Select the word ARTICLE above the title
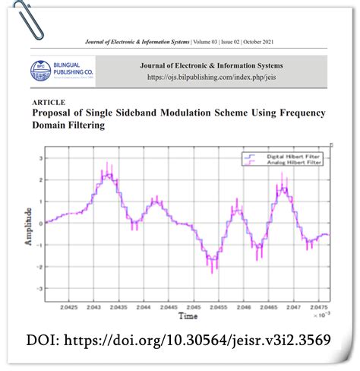pos(49,101)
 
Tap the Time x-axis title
pos(187,314)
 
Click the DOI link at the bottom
pos(179,339)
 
